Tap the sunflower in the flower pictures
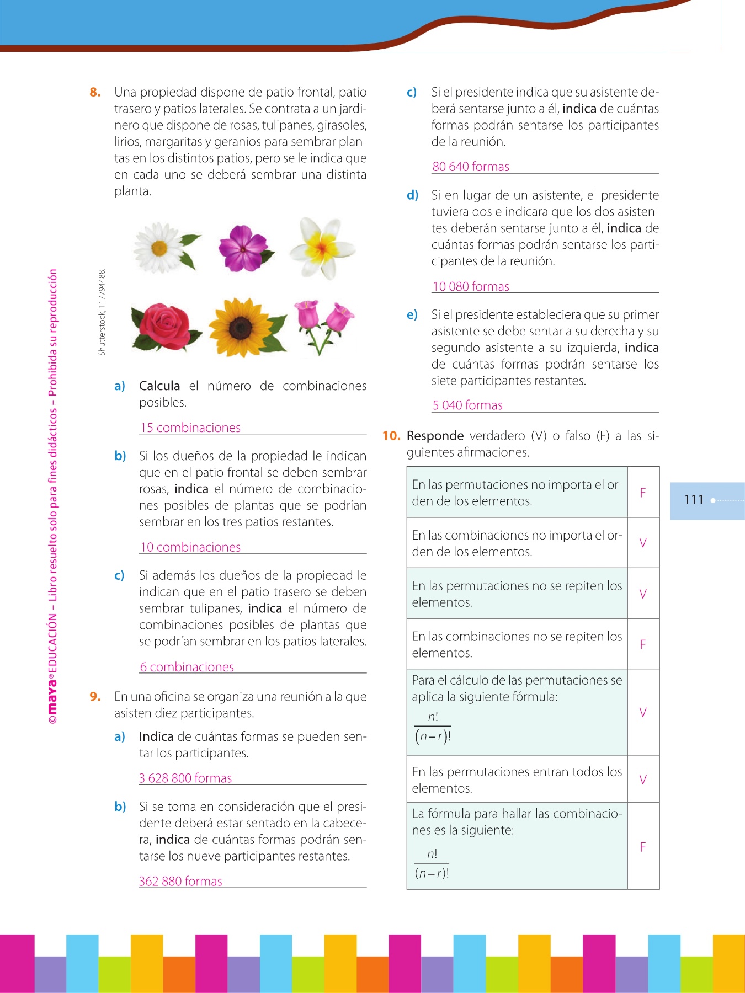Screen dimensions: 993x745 243,327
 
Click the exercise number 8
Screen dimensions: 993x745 95,92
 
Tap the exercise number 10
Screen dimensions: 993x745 391,436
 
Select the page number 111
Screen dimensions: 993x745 693,500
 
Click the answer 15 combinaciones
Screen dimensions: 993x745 190,428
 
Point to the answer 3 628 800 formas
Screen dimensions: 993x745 185,778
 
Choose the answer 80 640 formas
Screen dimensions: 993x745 471,167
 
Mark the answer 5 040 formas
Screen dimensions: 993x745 467,405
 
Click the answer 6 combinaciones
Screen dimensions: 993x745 187,667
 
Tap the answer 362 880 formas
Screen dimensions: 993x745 180,881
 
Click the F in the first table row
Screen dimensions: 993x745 643,493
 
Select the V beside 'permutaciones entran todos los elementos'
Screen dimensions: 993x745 643,780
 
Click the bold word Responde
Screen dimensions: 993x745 435,436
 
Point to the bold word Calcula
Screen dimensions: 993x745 159,386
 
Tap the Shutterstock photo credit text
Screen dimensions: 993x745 102,312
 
